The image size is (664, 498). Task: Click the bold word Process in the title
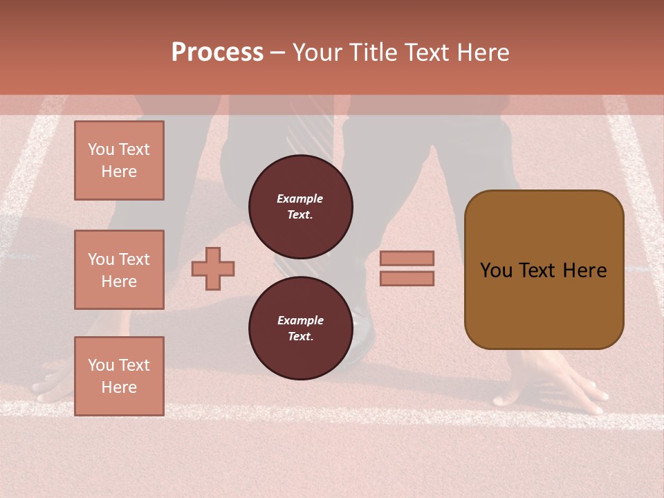click(x=217, y=53)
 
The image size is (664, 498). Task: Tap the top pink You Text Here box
click(x=119, y=160)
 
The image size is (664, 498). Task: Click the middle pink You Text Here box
click(x=119, y=270)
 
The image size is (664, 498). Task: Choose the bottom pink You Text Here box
click(x=119, y=376)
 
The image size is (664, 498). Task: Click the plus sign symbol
click(x=213, y=268)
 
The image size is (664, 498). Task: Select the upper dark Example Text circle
click(x=300, y=207)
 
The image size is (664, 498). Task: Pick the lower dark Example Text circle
click(x=300, y=329)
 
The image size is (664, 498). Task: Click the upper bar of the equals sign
click(x=407, y=258)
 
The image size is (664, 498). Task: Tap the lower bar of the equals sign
click(x=407, y=279)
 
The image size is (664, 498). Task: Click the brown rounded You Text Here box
click(x=544, y=270)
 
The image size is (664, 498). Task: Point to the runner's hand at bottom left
click(x=55, y=384)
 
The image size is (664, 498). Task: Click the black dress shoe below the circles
click(x=361, y=335)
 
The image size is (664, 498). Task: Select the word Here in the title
click(x=482, y=53)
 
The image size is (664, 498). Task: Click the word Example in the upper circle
click(x=300, y=199)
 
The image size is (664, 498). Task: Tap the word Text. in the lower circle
click(x=300, y=337)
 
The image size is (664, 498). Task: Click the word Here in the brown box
click(x=584, y=270)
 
